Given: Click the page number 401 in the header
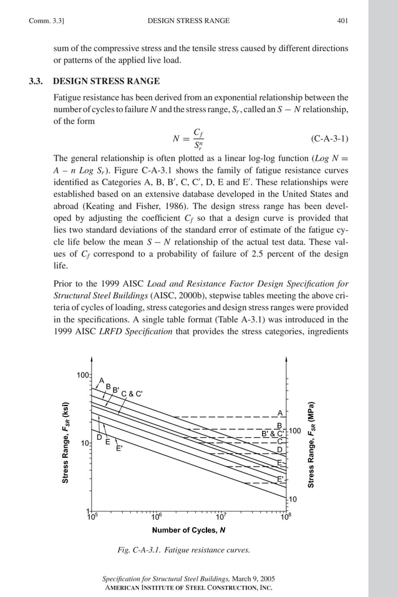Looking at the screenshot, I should click(x=342, y=21).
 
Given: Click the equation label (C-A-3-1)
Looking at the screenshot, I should click(x=328, y=137).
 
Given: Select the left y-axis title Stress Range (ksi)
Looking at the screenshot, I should click(x=65, y=441).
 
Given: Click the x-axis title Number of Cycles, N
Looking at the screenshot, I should click(x=188, y=530).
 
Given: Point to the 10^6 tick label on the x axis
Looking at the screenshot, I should click(x=157, y=517).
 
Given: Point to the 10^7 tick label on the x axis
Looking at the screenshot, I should click(x=221, y=517).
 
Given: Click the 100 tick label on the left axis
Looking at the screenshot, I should click(x=82, y=376).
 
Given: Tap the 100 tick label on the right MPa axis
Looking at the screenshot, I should click(x=295, y=431).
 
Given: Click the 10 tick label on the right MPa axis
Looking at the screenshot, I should click(x=292, y=499).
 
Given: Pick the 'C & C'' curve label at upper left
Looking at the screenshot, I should click(x=132, y=394).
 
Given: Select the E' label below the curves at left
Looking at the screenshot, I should click(x=119, y=449).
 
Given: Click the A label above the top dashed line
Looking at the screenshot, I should click(x=280, y=412).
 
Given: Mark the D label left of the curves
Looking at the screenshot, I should click(x=99, y=437).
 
